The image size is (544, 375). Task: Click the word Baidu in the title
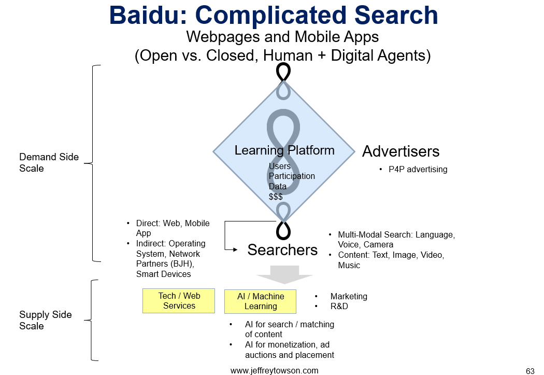pyautogui.click(x=149, y=15)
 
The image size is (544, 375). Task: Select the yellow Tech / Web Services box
pyautogui.click(x=179, y=301)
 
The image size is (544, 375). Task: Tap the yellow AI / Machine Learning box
pyautogui.click(x=260, y=301)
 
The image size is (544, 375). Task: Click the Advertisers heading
pyautogui.click(x=400, y=151)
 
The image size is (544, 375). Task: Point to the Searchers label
pyautogui.click(x=282, y=250)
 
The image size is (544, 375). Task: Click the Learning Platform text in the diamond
pyautogui.click(x=284, y=150)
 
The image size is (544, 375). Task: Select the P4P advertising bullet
pyautogui.click(x=418, y=170)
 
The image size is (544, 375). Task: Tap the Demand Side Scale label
pyautogui.click(x=49, y=162)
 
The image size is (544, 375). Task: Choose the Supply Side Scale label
pyautogui.click(x=46, y=320)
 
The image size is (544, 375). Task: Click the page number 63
pyautogui.click(x=530, y=371)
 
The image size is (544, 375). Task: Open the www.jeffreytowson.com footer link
pyautogui.click(x=275, y=370)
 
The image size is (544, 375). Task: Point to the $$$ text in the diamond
pyautogui.click(x=276, y=197)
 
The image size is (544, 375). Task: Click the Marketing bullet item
pyautogui.click(x=349, y=296)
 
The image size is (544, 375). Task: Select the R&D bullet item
pyautogui.click(x=339, y=306)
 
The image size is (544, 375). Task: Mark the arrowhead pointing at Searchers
pyautogui.click(x=235, y=249)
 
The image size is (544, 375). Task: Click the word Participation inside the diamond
pyautogui.click(x=292, y=176)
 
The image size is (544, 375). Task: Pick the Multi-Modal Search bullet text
pyautogui.click(x=396, y=240)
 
